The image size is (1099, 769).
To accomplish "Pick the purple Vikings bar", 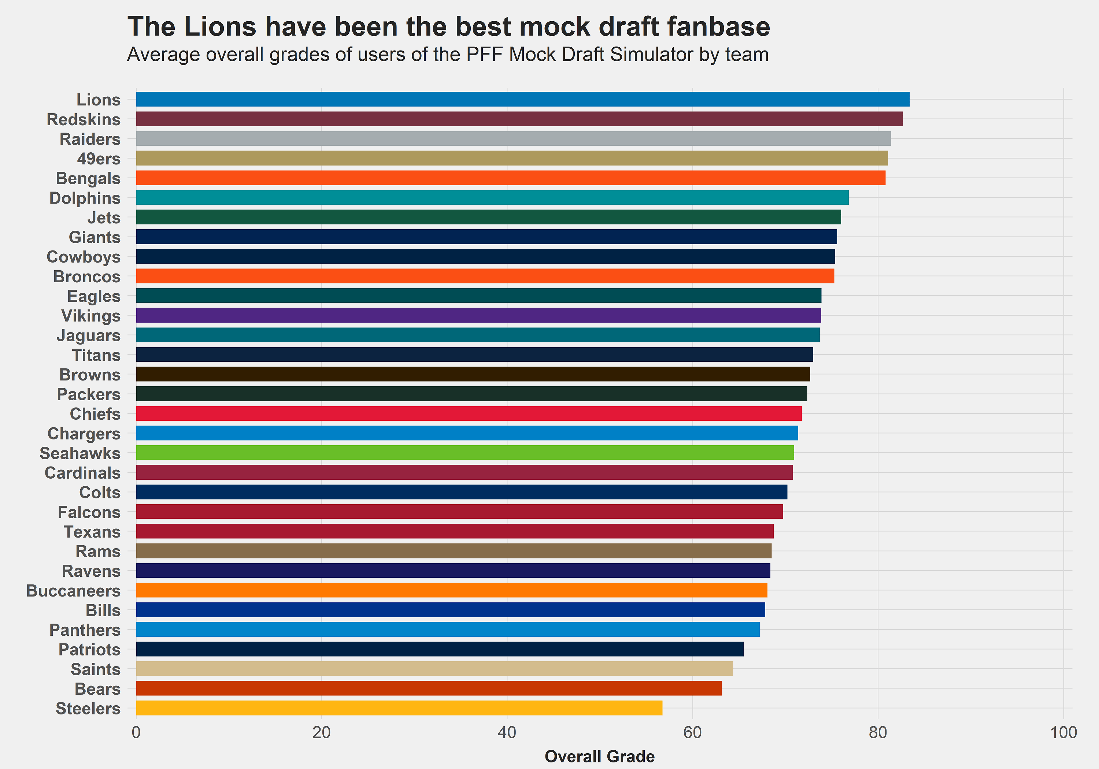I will tap(478, 315).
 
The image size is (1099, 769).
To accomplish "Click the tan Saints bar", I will tap(434, 669).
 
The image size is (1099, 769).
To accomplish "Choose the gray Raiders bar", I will tap(513, 139).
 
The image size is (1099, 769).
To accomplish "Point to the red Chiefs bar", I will tap(469, 413).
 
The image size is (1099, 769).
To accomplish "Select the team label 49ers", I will tap(99, 159).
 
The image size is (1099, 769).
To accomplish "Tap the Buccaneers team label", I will tap(73, 591).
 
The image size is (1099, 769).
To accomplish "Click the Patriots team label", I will tap(89, 649).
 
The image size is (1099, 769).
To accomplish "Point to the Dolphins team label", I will tap(85, 198).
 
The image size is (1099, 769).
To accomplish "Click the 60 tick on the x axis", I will tap(692, 733).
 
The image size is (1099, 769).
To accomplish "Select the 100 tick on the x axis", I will tap(1063, 733).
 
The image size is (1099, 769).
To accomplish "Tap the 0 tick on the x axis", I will tap(136, 733).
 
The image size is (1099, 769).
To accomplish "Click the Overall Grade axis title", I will tap(599, 757).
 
